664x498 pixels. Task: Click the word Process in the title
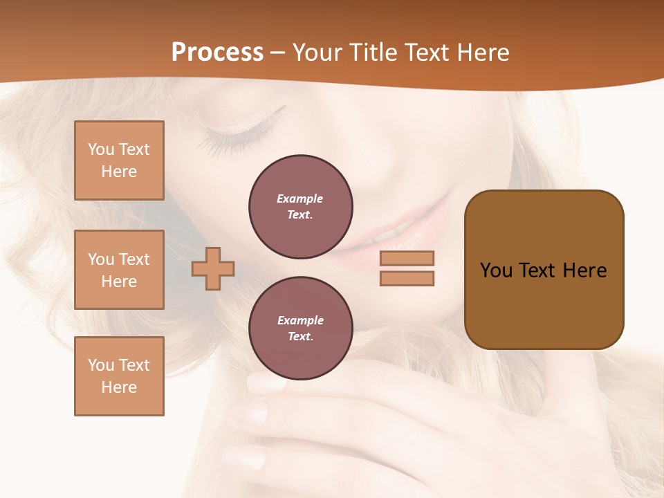(217, 53)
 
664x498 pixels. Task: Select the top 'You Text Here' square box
(119, 160)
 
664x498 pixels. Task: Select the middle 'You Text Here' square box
(119, 270)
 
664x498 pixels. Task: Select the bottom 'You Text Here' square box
(119, 376)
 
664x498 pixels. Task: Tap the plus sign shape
(213, 268)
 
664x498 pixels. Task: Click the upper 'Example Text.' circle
(301, 207)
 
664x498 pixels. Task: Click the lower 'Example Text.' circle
(301, 329)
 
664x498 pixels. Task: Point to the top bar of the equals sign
(407, 258)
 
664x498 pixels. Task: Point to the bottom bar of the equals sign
(407, 278)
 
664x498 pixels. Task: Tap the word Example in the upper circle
(299, 199)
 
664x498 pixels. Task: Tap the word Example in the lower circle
(300, 320)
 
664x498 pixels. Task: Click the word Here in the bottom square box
(119, 387)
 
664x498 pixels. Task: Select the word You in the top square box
(101, 149)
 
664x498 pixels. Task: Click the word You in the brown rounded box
(496, 270)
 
